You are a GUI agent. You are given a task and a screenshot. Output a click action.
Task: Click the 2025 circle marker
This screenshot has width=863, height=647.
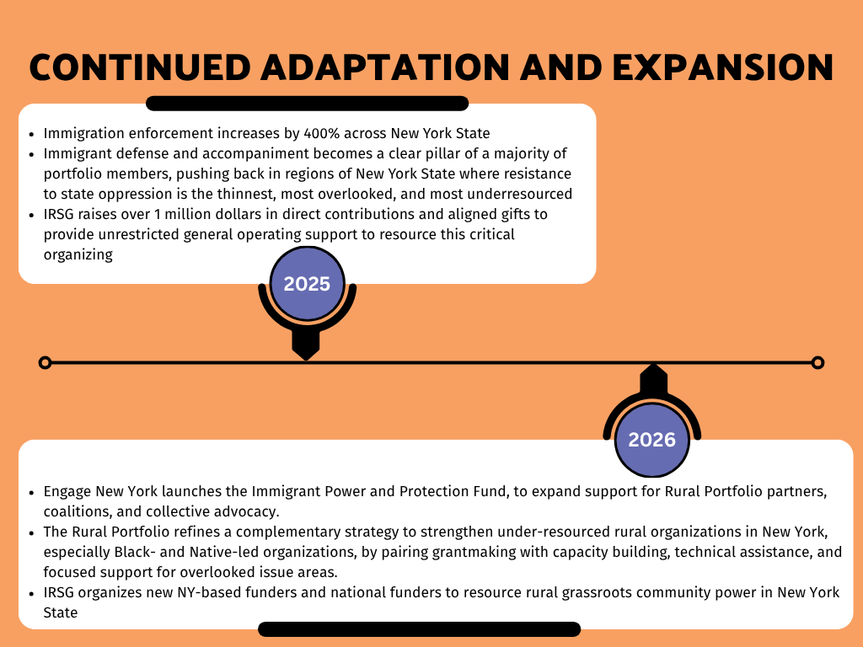point(307,284)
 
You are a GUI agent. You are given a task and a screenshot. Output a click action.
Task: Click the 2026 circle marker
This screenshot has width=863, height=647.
point(651,439)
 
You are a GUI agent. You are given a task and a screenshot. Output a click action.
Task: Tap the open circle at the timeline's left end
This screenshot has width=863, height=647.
point(46,362)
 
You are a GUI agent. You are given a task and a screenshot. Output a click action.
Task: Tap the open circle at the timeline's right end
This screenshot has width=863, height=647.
point(817,362)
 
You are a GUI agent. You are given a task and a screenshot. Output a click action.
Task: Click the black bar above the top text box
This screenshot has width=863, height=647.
point(307,104)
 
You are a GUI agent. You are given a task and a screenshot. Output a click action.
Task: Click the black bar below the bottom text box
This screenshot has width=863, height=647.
point(419,629)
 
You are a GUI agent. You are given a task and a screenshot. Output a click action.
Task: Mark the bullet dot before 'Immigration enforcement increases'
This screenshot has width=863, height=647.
point(31,134)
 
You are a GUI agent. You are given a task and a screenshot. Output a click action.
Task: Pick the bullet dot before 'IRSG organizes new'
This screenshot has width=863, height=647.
point(31,593)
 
